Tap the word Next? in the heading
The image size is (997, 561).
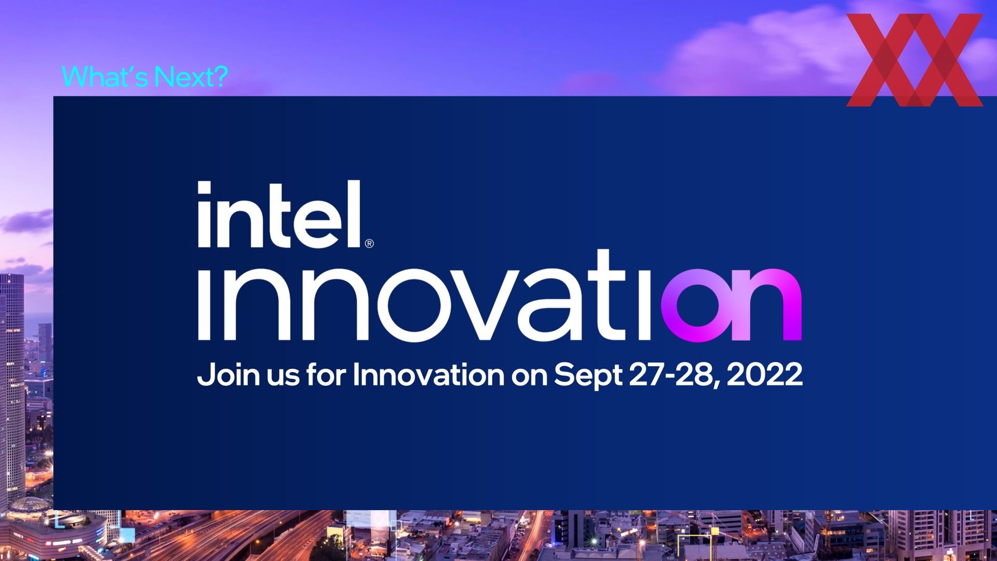point(192,76)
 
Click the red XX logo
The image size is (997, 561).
point(914,60)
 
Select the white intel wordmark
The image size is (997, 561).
point(279,214)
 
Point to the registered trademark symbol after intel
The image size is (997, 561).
point(369,243)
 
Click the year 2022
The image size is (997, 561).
point(764,375)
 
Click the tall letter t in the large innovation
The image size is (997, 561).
point(610,295)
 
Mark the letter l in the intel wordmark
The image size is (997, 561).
point(355,213)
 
